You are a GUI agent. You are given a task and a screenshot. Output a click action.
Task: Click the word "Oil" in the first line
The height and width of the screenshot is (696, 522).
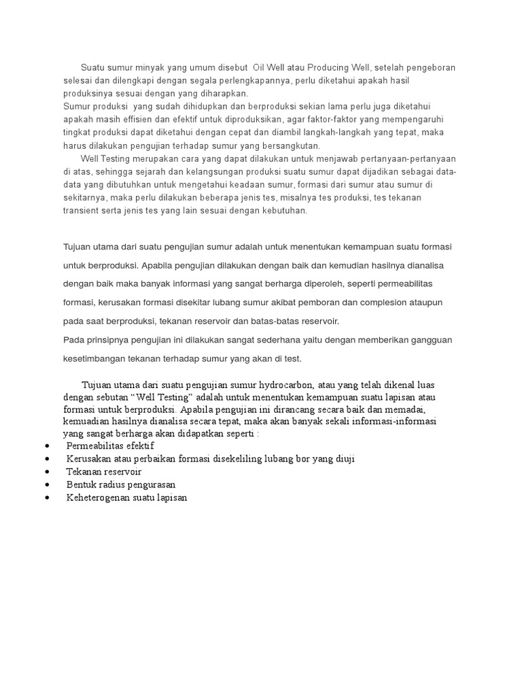pos(260,68)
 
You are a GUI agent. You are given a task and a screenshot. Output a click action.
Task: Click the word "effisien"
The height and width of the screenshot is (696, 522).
pos(141,120)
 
